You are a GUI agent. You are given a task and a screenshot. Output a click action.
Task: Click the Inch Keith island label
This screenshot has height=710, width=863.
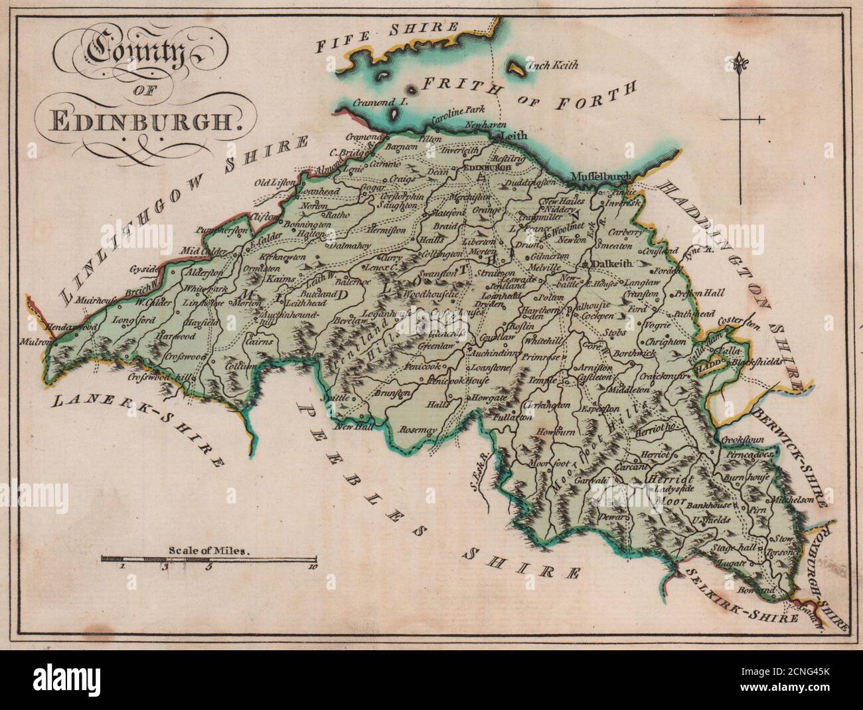point(552,65)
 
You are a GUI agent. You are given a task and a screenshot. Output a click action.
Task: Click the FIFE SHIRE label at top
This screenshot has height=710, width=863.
point(387,37)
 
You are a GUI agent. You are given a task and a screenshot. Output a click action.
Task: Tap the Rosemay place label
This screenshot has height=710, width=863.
point(418,430)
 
